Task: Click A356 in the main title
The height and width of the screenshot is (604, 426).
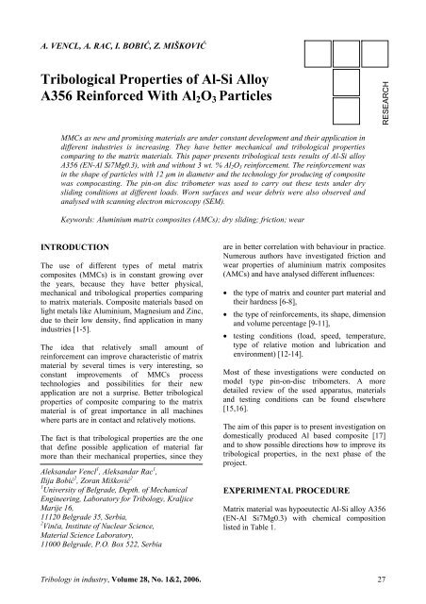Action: coord(57,101)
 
